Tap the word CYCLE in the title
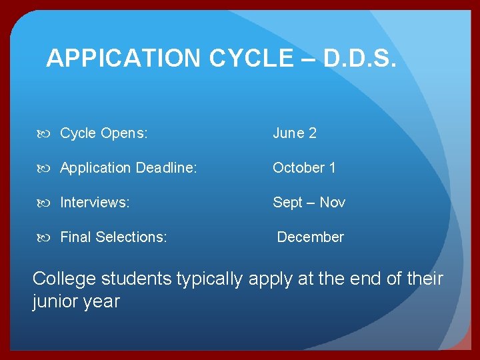251,59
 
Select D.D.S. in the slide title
360,59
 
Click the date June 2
294,133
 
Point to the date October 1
304,168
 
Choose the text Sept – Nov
309,203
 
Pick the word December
310,237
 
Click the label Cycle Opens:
103,133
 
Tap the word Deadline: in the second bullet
167,168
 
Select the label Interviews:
95,203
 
